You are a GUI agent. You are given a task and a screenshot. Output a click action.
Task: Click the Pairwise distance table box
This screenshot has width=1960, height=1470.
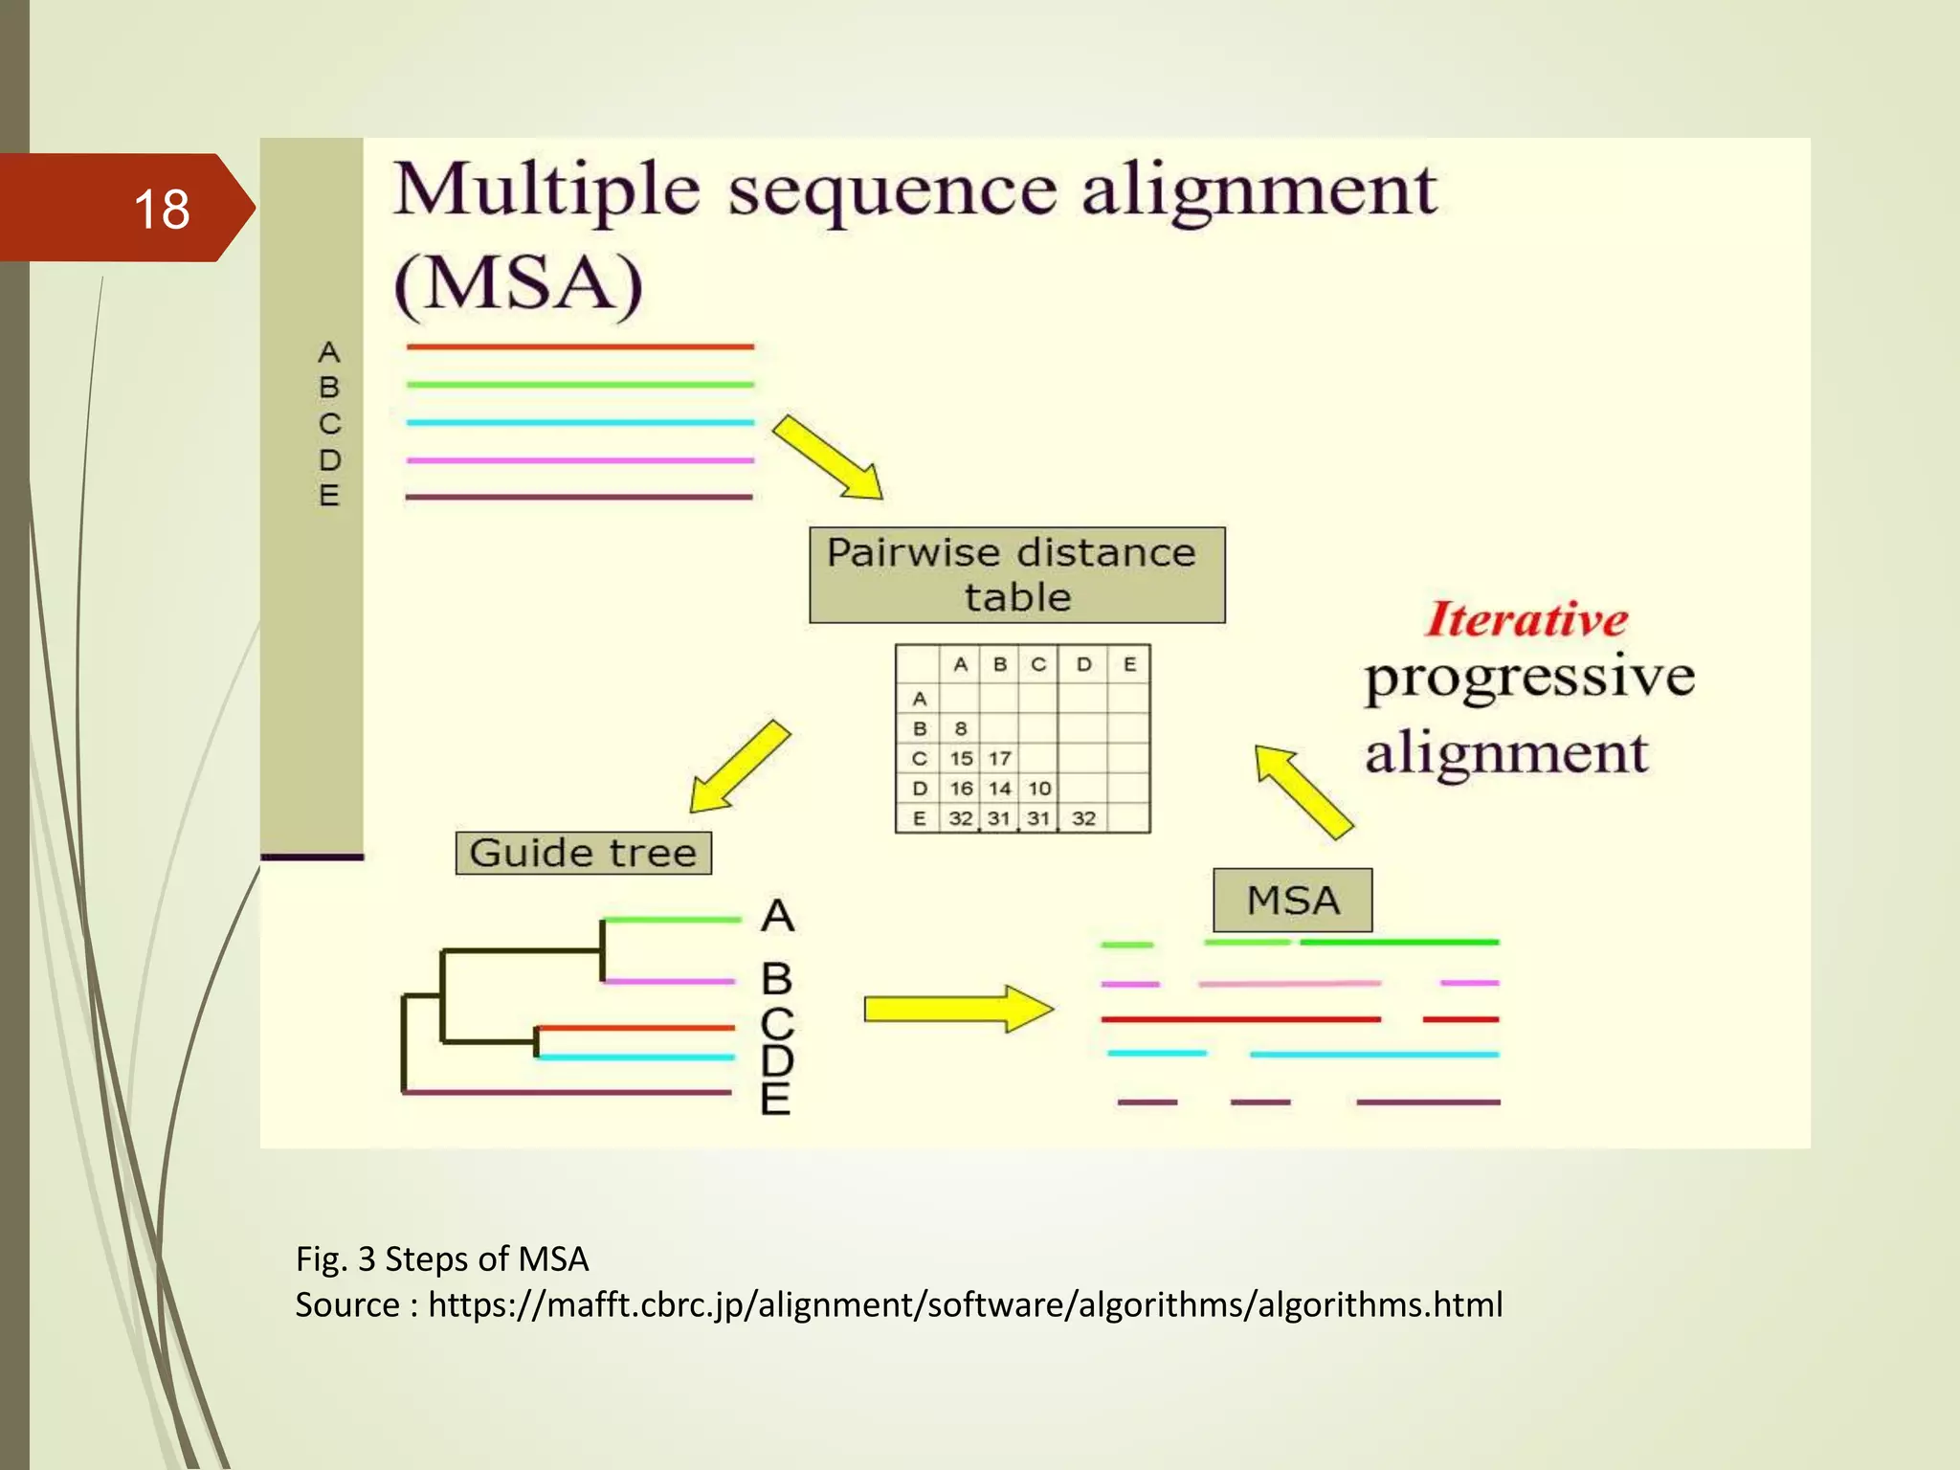pyautogui.click(x=1016, y=574)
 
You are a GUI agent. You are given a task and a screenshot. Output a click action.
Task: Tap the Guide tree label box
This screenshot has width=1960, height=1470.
pyautogui.click(x=583, y=853)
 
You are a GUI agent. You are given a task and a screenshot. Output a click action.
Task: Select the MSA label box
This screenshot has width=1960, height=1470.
pyautogui.click(x=1292, y=901)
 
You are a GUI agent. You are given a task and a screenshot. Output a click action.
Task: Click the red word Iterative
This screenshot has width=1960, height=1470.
pyautogui.click(x=1526, y=619)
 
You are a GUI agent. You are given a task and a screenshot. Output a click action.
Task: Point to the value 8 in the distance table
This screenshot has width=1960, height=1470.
pyautogui.click(x=961, y=728)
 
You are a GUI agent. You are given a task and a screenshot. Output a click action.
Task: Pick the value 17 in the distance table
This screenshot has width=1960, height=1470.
pyautogui.click(x=1000, y=759)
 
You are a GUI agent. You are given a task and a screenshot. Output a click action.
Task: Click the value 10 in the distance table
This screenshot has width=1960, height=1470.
pyautogui.click(x=1039, y=789)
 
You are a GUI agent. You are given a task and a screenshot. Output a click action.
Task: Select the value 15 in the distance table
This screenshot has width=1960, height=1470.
pyautogui.click(x=961, y=759)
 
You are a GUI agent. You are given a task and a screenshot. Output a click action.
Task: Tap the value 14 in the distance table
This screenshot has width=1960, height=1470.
pyautogui.click(x=1000, y=789)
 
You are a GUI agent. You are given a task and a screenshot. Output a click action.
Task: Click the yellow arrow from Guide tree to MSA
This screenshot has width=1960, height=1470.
pyautogui.click(x=957, y=1009)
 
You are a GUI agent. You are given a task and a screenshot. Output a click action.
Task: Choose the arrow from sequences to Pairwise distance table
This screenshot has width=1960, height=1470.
pyautogui.click(x=828, y=457)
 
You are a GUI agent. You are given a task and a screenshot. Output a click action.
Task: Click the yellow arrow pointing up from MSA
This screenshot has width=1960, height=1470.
pyautogui.click(x=1303, y=791)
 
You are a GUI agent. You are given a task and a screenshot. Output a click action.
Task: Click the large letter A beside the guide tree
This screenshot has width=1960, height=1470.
pyautogui.click(x=777, y=916)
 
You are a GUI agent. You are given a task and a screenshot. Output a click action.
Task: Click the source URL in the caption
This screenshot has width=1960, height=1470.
pyautogui.click(x=965, y=1304)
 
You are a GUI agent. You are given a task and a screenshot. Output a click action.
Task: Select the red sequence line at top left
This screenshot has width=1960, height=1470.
pyautogui.click(x=580, y=346)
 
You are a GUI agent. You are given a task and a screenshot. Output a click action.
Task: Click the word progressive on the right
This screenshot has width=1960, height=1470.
pyautogui.click(x=1528, y=678)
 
